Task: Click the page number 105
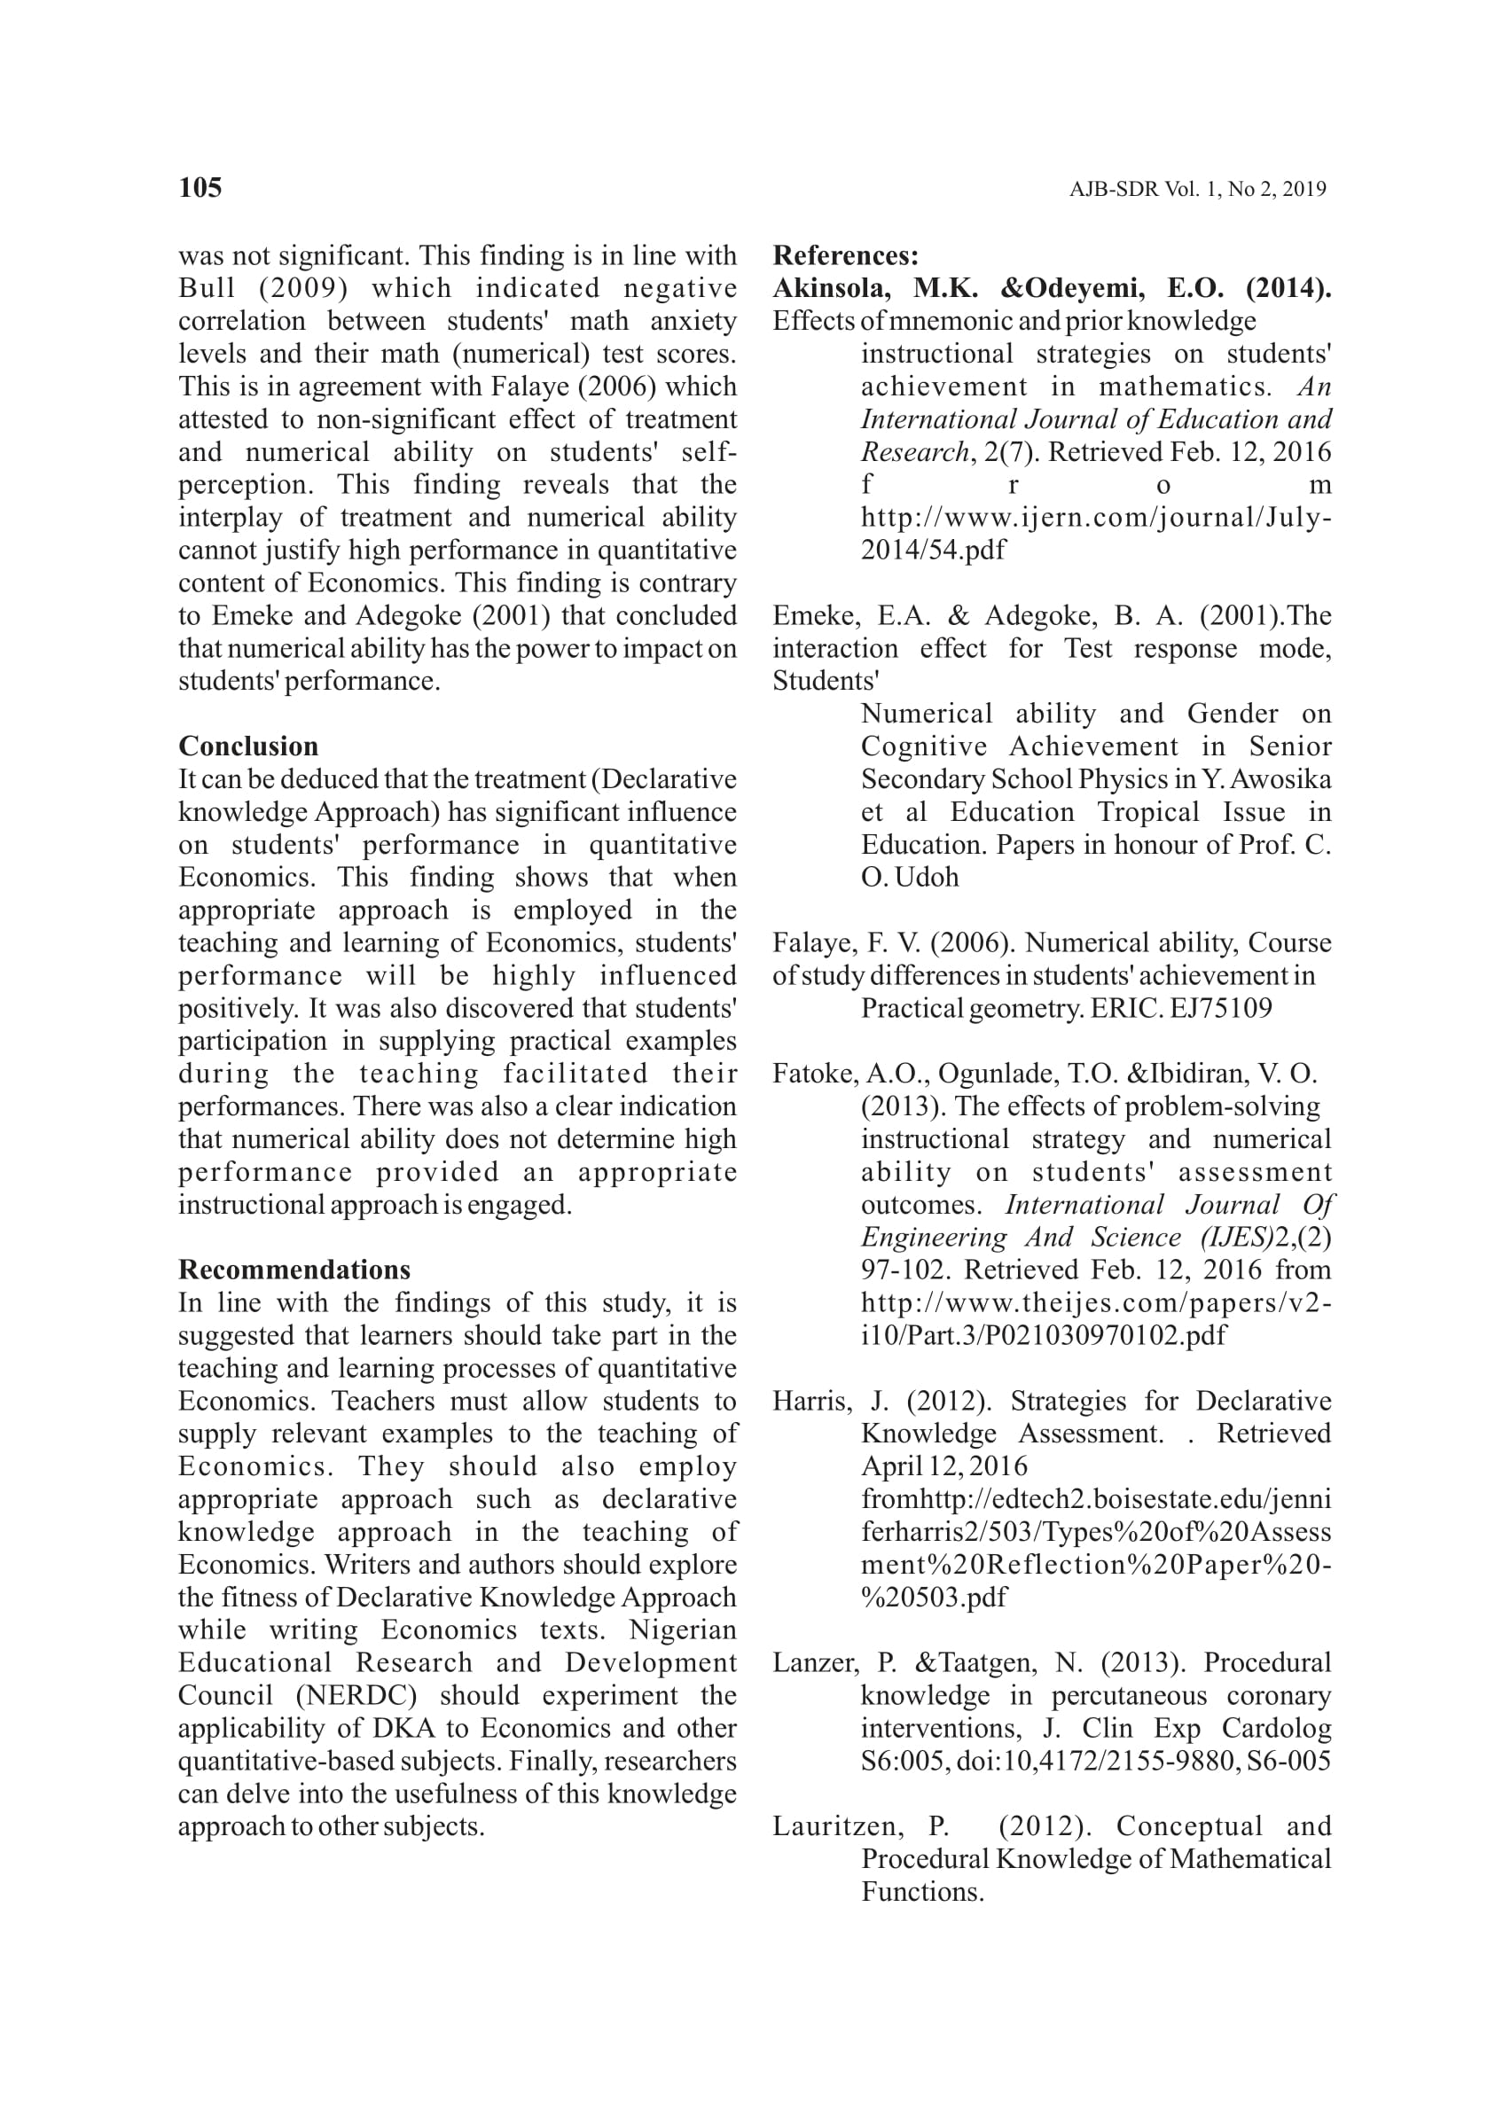point(200,188)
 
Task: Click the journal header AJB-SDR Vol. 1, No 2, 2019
point(1197,190)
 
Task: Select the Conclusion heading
point(248,746)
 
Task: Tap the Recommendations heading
point(294,1270)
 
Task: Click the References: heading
point(846,256)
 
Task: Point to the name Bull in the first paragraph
point(207,288)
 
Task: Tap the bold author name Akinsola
point(831,288)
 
